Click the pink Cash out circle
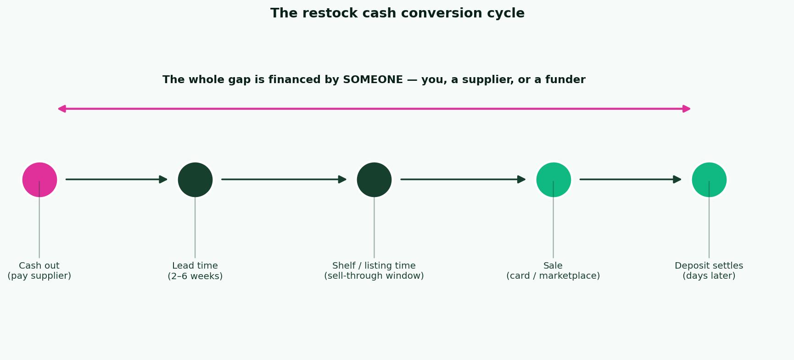tap(39, 180)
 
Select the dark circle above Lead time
tap(195, 180)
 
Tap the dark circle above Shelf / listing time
tap(374, 180)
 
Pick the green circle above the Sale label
tap(554, 180)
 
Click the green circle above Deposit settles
tap(709, 180)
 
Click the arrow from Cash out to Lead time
tap(117, 179)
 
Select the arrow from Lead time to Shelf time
tap(284, 179)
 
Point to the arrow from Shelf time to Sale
tap(463, 179)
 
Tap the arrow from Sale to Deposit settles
tap(631, 179)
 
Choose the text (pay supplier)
tap(39, 276)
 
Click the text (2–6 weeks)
tap(195, 276)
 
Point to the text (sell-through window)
tap(374, 276)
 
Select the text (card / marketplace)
tap(553, 276)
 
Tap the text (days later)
tap(709, 276)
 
